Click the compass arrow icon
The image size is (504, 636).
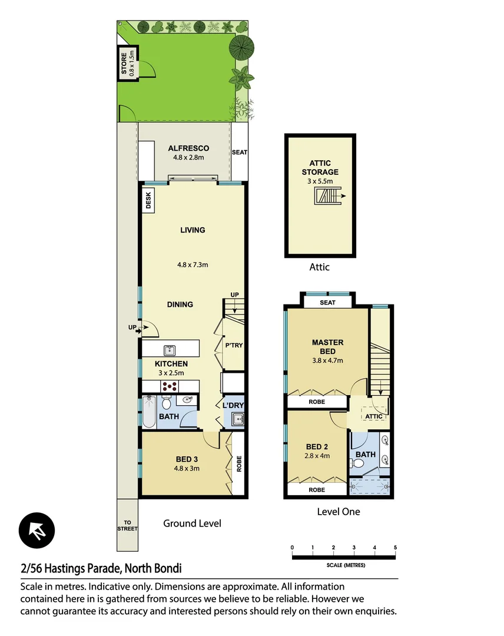pyautogui.click(x=37, y=530)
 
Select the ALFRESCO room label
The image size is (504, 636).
pyautogui.click(x=188, y=148)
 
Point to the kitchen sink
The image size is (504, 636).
pyautogui.click(x=170, y=349)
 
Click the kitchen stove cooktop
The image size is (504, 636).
pyautogui.click(x=170, y=386)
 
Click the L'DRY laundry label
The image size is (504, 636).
pyautogui.click(x=233, y=405)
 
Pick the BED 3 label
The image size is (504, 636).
pyautogui.click(x=188, y=459)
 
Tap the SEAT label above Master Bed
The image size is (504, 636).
pyautogui.click(x=327, y=303)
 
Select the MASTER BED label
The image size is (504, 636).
pyautogui.click(x=327, y=347)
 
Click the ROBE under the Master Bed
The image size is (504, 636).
pyautogui.click(x=317, y=402)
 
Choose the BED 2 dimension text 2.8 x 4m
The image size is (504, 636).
pyautogui.click(x=317, y=455)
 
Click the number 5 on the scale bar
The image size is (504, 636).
pyautogui.click(x=396, y=548)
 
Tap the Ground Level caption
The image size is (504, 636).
pyautogui.click(x=192, y=523)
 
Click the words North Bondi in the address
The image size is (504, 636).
pyautogui.click(x=154, y=569)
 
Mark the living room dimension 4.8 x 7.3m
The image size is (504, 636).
pyautogui.click(x=193, y=265)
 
